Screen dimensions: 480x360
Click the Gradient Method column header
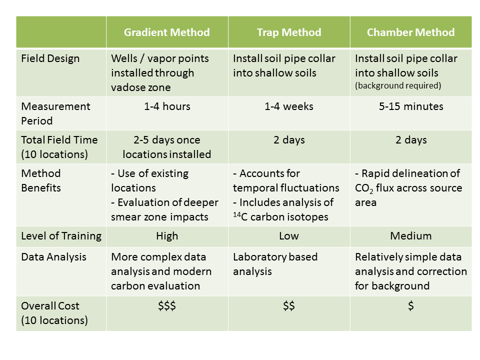pyautogui.click(x=167, y=32)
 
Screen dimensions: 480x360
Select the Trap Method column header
pyautogui.click(x=289, y=32)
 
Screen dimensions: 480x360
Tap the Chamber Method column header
pyautogui.click(x=411, y=32)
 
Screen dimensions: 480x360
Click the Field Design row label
pyautogui.click(x=50, y=58)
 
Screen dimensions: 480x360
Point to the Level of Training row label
pyautogui.click(x=61, y=236)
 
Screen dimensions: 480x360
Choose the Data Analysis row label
pyautogui.click(x=53, y=257)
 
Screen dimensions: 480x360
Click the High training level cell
pyautogui.click(x=167, y=236)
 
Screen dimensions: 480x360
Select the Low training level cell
pyautogui.click(x=289, y=236)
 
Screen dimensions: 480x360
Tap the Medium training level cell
pyautogui.click(x=411, y=236)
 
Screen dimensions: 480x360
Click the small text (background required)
pyautogui.click(x=398, y=85)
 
